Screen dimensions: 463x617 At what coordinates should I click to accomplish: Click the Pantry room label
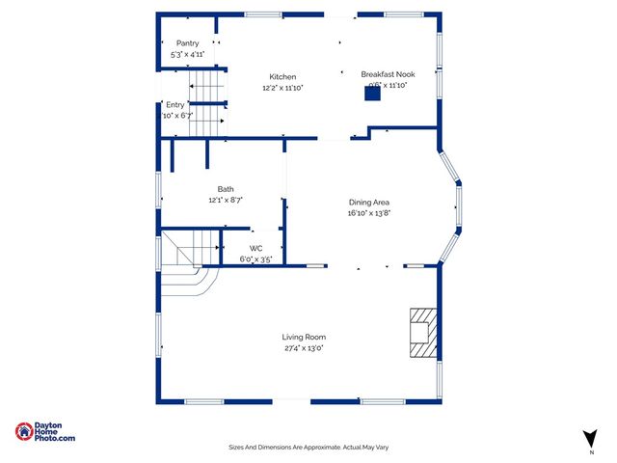187,43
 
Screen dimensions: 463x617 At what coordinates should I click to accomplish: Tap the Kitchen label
282,77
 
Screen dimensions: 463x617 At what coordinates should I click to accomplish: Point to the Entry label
174,104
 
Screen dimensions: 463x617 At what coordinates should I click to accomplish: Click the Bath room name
226,189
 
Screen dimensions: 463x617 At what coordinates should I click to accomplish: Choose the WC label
256,248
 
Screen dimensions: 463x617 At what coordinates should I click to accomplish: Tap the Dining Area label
368,203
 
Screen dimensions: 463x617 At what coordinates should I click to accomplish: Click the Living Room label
304,337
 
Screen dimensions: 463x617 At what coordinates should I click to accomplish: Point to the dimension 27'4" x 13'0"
304,348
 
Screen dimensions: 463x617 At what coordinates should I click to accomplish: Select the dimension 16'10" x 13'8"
368,213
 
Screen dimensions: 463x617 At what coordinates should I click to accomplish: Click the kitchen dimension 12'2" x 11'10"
282,88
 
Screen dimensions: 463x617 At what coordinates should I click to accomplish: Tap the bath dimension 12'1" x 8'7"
226,200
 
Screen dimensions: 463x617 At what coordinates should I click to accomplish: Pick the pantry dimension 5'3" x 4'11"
187,55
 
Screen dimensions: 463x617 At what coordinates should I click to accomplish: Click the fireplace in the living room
422,332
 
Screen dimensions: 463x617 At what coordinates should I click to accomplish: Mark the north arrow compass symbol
589,439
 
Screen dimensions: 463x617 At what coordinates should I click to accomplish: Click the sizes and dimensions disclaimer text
308,447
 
